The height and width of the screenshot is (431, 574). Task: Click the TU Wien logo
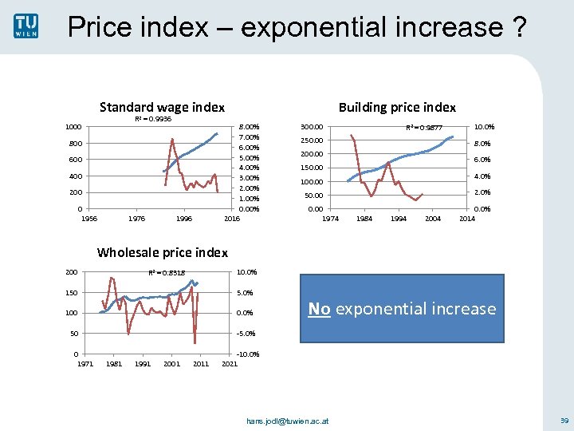(x=25, y=26)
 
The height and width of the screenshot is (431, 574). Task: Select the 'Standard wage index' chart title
(x=162, y=107)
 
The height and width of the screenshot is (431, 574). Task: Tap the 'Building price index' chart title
(x=397, y=107)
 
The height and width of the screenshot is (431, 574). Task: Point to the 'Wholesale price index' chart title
(x=162, y=252)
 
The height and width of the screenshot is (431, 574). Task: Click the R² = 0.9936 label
(x=152, y=119)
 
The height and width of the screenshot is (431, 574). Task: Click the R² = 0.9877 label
(x=423, y=128)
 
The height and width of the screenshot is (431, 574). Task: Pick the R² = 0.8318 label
(x=167, y=273)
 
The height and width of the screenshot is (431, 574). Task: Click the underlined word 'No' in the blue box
(x=319, y=309)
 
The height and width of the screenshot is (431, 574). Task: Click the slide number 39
(x=564, y=420)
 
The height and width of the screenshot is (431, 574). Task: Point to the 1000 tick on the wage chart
(x=73, y=127)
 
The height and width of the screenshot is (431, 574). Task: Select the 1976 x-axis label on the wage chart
(x=136, y=218)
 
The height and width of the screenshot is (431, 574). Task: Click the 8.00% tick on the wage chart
(x=250, y=127)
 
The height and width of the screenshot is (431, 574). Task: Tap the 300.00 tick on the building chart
(x=311, y=126)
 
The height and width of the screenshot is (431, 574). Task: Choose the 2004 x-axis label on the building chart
(x=432, y=218)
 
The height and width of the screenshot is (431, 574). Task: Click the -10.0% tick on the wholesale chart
(x=247, y=354)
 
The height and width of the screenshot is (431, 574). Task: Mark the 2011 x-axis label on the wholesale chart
(x=201, y=364)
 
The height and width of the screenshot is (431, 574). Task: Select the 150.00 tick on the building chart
(x=311, y=168)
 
